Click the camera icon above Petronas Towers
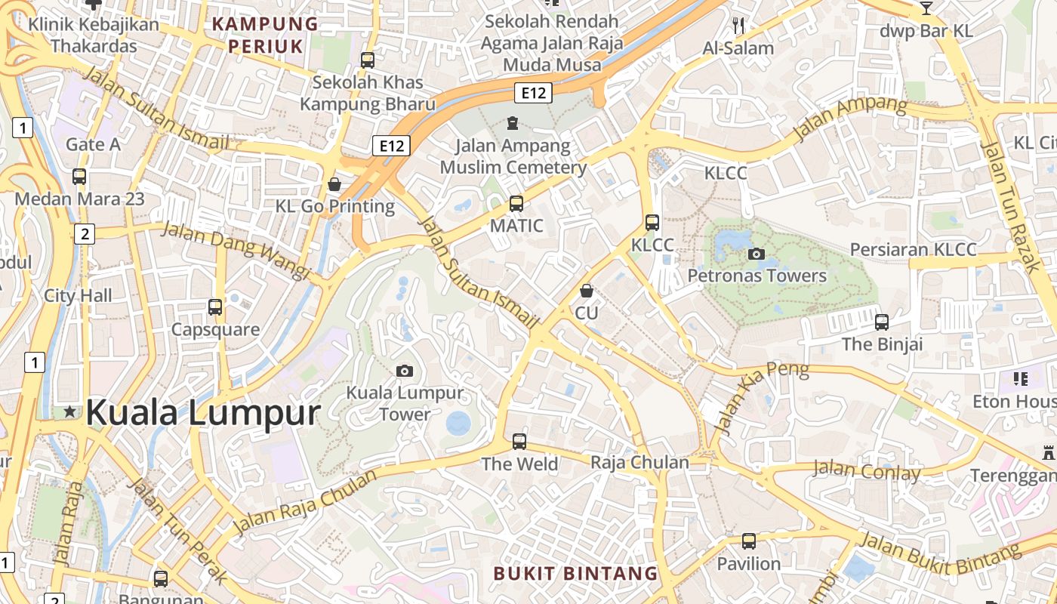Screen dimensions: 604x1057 click(x=756, y=254)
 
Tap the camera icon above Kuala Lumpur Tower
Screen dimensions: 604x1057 click(x=405, y=371)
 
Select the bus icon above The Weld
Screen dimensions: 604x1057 click(x=519, y=442)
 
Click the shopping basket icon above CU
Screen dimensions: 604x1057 click(x=587, y=291)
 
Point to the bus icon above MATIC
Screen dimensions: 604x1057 click(x=516, y=203)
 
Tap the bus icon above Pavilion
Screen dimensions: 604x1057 click(x=748, y=541)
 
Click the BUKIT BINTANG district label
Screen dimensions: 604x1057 click(x=575, y=573)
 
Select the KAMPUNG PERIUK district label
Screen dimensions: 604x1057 click(x=265, y=35)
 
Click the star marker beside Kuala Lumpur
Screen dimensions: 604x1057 click(x=70, y=411)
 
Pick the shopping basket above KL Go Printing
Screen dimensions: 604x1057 click(x=334, y=184)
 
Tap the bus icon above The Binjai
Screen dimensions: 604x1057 click(x=881, y=322)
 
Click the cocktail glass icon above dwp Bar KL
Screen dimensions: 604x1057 click(x=926, y=8)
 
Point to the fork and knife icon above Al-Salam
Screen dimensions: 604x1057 click(x=738, y=26)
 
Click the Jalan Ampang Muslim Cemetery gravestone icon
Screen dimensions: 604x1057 click(x=513, y=123)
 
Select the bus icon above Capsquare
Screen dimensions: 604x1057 click(x=215, y=307)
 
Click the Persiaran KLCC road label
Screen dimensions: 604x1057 click(x=913, y=249)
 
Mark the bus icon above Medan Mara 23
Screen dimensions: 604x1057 click(x=79, y=177)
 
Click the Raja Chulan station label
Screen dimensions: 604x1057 click(x=639, y=462)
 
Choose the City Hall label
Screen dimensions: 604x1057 click(x=78, y=295)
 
